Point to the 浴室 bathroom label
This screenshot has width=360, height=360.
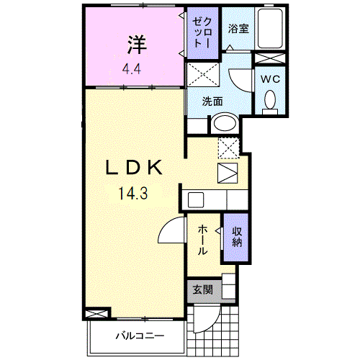pyautogui.click(x=238, y=29)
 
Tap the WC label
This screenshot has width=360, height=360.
pyautogui.click(x=271, y=78)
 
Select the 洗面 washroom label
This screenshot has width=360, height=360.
pyautogui.click(x=212, y=101)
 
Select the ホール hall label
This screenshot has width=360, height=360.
pyautogui.click(x=204, y=239)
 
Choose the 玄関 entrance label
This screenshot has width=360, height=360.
pyautogui.click(x=203, y=290)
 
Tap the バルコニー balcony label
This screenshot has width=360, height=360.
pyautogui.click(x=140, y=336)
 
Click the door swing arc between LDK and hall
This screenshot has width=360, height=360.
pyautogui.click(x=171, y=231)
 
